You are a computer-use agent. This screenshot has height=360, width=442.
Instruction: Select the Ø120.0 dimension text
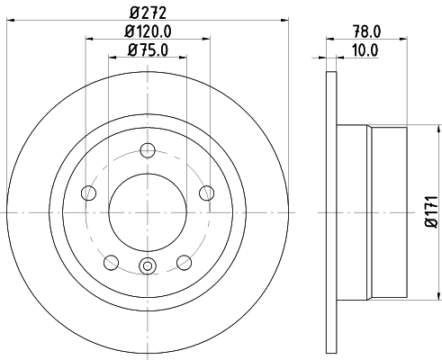pos(149,32)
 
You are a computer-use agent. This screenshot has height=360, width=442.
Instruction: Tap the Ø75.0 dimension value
pos(149,49)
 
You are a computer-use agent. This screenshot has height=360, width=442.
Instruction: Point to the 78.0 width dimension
pos(364,31)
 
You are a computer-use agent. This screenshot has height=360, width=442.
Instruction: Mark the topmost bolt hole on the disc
pos(148,151)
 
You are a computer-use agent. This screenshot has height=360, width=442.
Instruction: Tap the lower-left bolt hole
pos(112,261)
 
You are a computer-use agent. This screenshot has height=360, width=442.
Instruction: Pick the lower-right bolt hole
pos(184,261)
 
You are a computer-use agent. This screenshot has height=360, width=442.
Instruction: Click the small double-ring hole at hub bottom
pos(148,265)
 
